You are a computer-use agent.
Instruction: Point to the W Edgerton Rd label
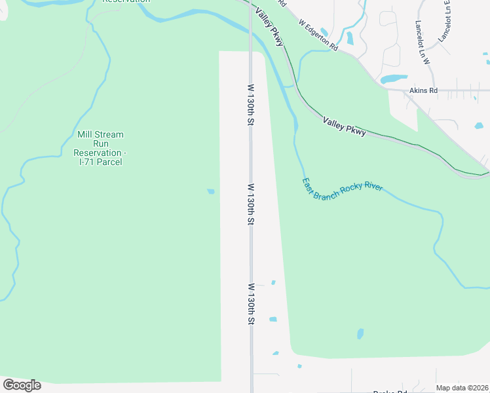point(318,35)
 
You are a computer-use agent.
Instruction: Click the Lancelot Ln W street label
point(421,42)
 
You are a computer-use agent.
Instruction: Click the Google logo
point(22,385)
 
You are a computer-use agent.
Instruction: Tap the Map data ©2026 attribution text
point(462,388)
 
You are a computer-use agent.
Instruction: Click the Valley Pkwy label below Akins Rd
point(344,126)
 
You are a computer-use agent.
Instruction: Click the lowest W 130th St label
point(250,304)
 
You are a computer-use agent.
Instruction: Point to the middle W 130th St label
point(250,204)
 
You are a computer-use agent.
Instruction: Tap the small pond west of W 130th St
point(210,191)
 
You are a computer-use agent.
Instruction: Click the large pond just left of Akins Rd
point(394,79)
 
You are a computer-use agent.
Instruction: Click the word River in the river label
point(370,188)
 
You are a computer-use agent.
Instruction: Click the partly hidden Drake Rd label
point(390,392)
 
